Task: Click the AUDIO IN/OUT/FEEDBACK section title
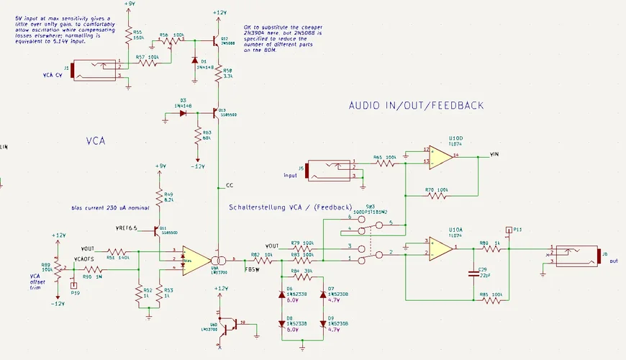click(x=416, y=106)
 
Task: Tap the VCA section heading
click(x=96, y=142)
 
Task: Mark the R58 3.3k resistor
click(x=218, y=75)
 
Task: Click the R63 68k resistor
click(x=198, y=137)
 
